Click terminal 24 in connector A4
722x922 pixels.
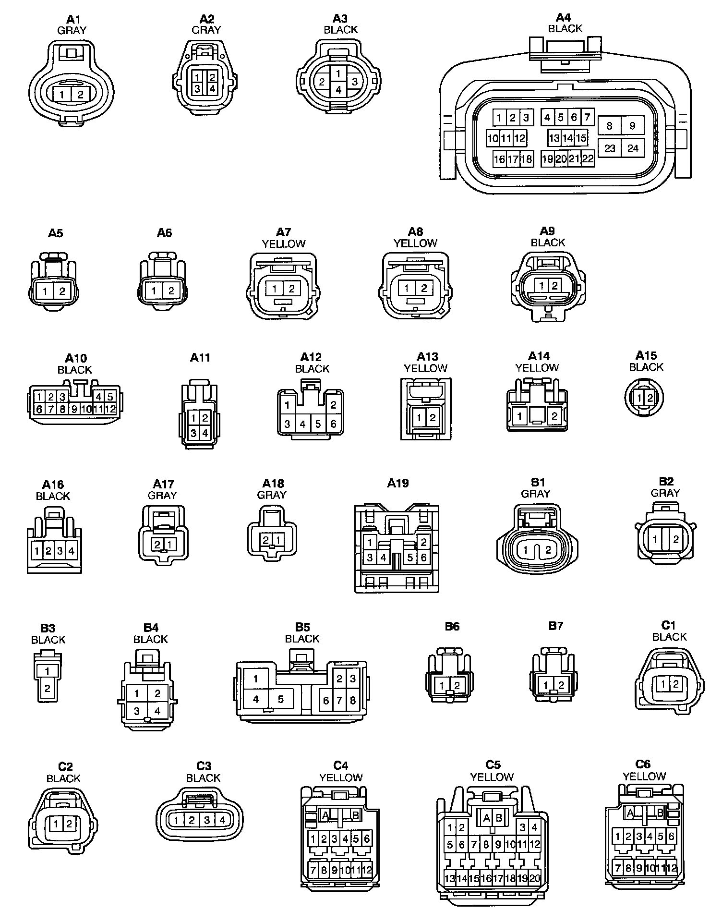(633, 148)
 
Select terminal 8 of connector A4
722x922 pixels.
(609, 126)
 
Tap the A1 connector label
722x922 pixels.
(73, 19)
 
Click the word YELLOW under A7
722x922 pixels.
(284, 243)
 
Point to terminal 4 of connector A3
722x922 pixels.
(338, 90)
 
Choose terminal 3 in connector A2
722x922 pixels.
(198, 88)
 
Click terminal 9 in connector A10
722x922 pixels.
(74, 409)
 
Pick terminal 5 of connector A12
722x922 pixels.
(318, 424)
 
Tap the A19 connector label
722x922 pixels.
(397, 483)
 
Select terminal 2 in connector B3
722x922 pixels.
(48, 688)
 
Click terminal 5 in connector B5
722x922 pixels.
(281, 699)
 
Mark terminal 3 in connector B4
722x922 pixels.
(137, 711)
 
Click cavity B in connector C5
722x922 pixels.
(499, 818)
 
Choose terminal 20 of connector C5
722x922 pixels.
(535, 878)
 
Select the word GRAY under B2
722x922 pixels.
(665, 493)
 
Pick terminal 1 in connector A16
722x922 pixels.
(37, 550)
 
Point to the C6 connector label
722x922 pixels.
(643, 764)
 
